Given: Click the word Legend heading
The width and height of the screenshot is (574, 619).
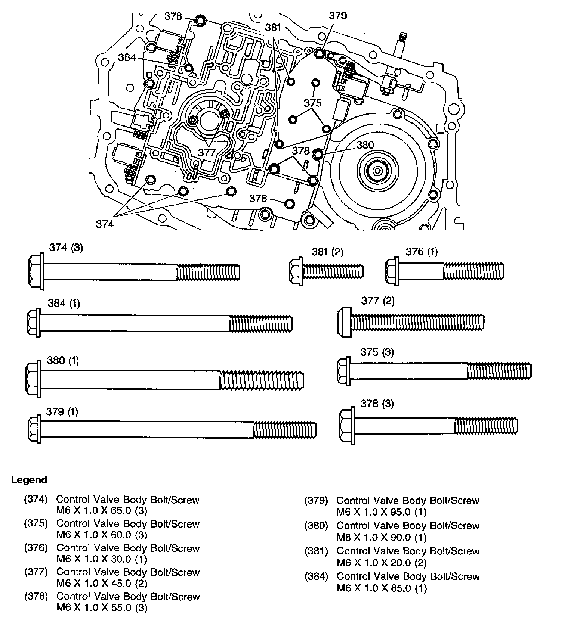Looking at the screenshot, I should coord(29,480).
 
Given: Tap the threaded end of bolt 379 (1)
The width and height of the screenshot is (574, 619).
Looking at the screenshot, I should coord(285,429).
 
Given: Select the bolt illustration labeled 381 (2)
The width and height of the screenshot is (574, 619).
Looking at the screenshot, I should coord(326,270).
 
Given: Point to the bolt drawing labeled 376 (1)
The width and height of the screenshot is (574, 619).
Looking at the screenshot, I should coord(444,270).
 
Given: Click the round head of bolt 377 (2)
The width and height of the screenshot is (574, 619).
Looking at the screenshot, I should coord(344,322).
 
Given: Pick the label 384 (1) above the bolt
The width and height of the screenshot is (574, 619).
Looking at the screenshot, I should coord(64,303).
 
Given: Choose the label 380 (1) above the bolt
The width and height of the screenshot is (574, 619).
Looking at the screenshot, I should coord(63,361).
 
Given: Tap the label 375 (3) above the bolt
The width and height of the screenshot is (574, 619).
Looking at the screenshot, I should coord(377,352).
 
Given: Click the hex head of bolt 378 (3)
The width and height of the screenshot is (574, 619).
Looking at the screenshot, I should coord(347,426).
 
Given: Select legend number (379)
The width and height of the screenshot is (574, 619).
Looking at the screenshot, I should coord(316,500).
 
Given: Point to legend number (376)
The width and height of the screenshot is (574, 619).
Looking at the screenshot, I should coord(36,548).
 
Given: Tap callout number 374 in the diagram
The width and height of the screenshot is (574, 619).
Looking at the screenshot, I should coord(105,224).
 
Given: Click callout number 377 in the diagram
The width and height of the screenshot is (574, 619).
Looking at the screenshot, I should coord(207,152).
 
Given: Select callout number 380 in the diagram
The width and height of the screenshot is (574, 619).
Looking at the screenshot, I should coord(365,145).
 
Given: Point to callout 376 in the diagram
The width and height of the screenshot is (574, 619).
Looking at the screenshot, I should coord(258,198).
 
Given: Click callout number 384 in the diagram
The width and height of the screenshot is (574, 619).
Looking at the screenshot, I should coord(127,57).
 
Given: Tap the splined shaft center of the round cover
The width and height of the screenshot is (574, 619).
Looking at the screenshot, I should coord(378,171).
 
